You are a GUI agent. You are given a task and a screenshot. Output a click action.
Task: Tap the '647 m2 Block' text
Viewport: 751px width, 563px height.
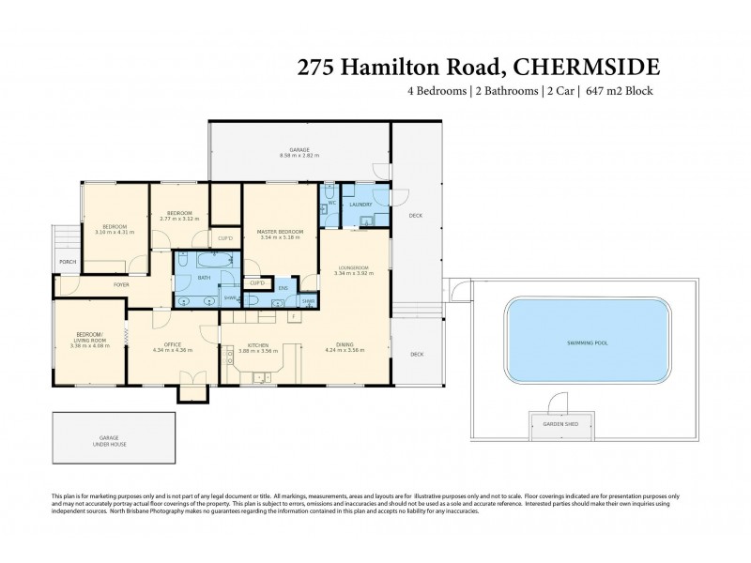[618, 91]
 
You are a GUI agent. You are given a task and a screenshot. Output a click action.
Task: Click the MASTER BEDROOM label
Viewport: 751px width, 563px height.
[280, 232]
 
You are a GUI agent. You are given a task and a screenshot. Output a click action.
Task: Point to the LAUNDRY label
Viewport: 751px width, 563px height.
[360, 204]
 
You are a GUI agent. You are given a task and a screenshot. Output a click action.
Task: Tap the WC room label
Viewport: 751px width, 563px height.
[331, 203]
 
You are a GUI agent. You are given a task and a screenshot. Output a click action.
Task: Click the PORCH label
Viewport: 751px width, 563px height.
[68, 262]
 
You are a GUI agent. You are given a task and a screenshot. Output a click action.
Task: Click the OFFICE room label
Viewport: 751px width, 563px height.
[173, 345]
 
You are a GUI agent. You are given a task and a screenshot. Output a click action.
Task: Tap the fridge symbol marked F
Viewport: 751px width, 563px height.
[294, 316]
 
